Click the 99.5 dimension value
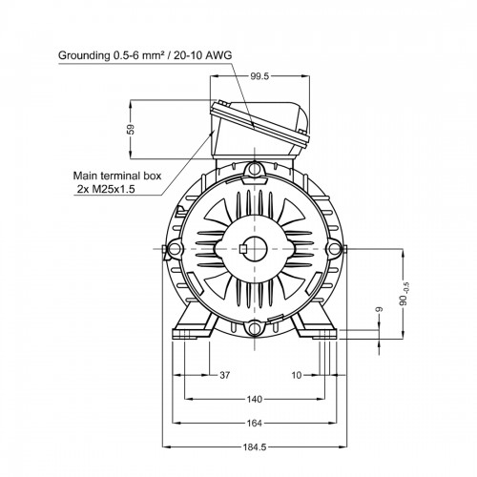click(259, 76)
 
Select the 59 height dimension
click(131, 129)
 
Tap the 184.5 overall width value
click(255, 447)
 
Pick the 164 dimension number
click(255, 424)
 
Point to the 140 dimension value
click(255, 399)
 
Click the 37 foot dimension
click(224, 375)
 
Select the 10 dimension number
click(296, 375)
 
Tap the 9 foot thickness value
click(379, 309)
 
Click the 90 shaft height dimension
click(404, 294)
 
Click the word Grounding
click(84, 55)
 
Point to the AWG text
click(218, 55)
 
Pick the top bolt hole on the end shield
click(255, 169)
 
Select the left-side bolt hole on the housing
click(175, 248)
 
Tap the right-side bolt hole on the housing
click(334, 248)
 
